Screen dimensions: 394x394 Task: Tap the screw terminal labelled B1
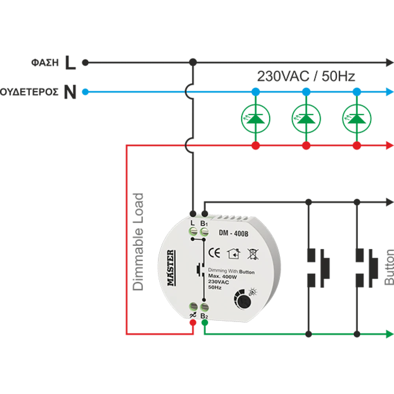204,234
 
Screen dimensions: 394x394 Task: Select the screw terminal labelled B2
204,306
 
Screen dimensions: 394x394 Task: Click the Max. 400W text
219,277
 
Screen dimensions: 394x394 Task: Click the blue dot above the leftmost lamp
255,92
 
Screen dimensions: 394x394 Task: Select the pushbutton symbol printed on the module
200,269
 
